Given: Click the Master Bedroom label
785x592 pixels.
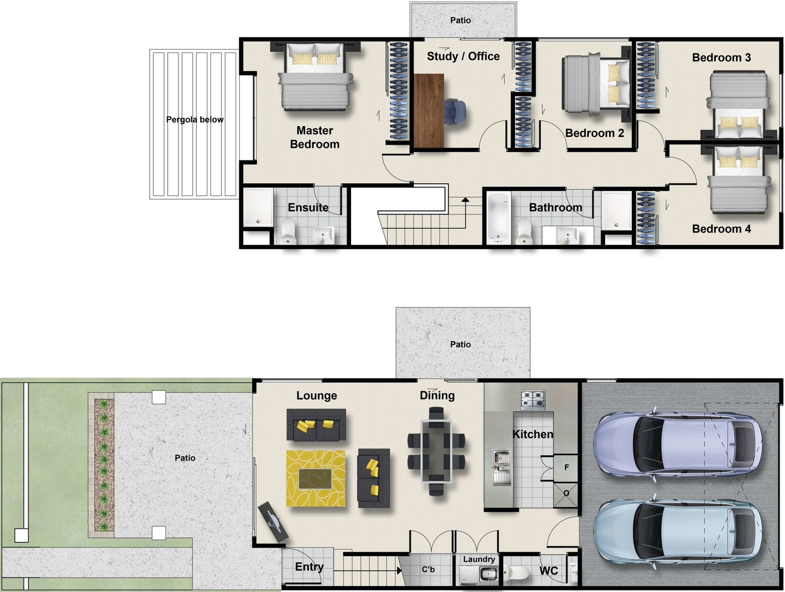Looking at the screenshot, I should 314,137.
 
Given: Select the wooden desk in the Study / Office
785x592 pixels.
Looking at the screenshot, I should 428,111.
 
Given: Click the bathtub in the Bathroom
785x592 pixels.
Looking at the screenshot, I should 498,217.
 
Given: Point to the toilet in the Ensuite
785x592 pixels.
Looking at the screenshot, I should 288,231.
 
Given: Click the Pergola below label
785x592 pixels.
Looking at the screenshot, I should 195,120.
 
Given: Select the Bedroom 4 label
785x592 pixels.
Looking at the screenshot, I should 721,229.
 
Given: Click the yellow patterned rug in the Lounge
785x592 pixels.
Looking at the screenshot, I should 315,478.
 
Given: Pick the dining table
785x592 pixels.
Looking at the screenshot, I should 436,451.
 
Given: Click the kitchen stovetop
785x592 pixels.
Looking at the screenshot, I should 533,399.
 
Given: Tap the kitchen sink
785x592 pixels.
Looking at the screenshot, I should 501,466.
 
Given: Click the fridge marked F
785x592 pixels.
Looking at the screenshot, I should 566,467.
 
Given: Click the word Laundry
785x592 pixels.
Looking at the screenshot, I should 479,559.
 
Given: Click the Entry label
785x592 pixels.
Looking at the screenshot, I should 309,567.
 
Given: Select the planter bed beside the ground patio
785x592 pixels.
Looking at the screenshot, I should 104,465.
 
